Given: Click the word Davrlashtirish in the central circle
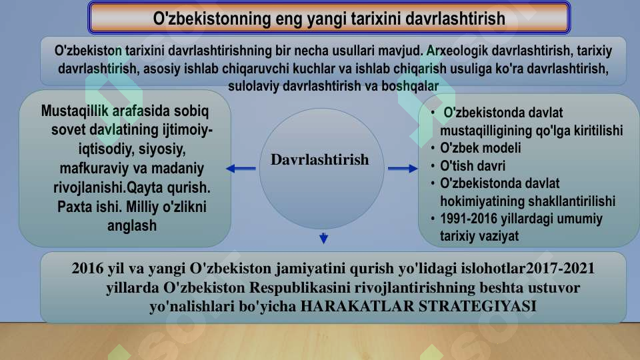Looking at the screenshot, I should [319, 160].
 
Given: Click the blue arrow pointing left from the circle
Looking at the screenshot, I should [241, 169].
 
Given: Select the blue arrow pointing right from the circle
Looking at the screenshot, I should [402, 169].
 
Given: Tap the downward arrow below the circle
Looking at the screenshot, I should [323, 238].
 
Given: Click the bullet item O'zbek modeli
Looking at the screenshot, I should [480, 148].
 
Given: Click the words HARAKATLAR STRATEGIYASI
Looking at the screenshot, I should [419, 307].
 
